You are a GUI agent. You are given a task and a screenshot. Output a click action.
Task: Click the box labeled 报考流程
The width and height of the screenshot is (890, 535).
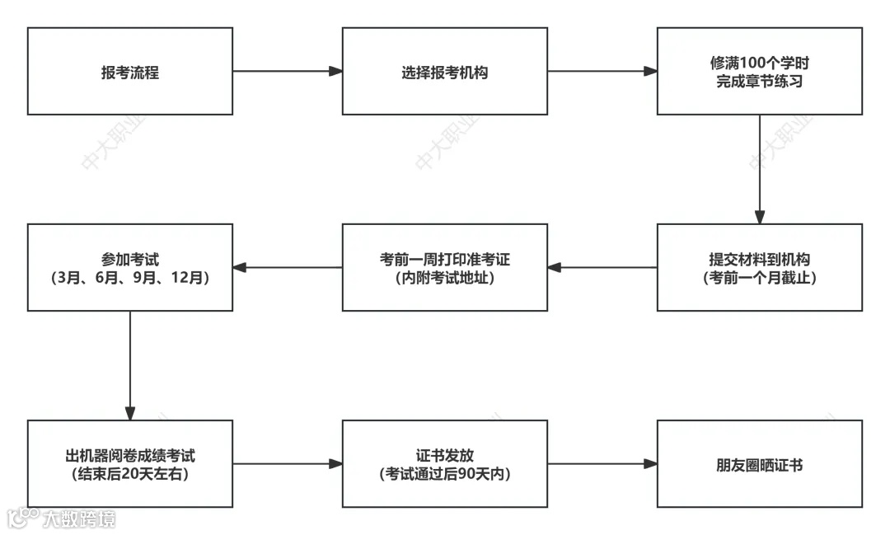point(129,72)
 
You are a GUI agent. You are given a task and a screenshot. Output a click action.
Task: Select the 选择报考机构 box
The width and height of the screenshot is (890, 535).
point(444,72)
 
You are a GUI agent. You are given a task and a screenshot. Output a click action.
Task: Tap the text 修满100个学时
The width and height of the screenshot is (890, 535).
point(759,63)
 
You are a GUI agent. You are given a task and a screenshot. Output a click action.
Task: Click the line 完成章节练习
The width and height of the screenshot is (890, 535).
point(759,82)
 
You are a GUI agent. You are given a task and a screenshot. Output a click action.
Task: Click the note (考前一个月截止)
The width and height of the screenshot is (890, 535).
point(759,279)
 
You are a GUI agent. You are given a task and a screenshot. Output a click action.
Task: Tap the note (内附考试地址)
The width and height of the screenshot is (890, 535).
point(444,279)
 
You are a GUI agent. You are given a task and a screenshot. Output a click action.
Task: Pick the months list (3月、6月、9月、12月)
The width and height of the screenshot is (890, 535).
point(129,279)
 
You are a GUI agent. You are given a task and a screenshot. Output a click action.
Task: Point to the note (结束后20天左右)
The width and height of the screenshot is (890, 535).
point(129,475)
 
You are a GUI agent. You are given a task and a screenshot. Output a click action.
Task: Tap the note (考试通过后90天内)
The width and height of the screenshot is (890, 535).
point(444,475)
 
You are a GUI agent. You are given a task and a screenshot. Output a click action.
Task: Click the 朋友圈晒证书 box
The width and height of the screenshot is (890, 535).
point(759,465)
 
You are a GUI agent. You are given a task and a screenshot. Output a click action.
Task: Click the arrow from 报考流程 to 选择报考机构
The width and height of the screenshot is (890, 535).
point(287,72)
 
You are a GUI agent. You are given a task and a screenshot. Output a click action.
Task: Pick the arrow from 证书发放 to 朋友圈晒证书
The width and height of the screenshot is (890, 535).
point(602,464)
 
